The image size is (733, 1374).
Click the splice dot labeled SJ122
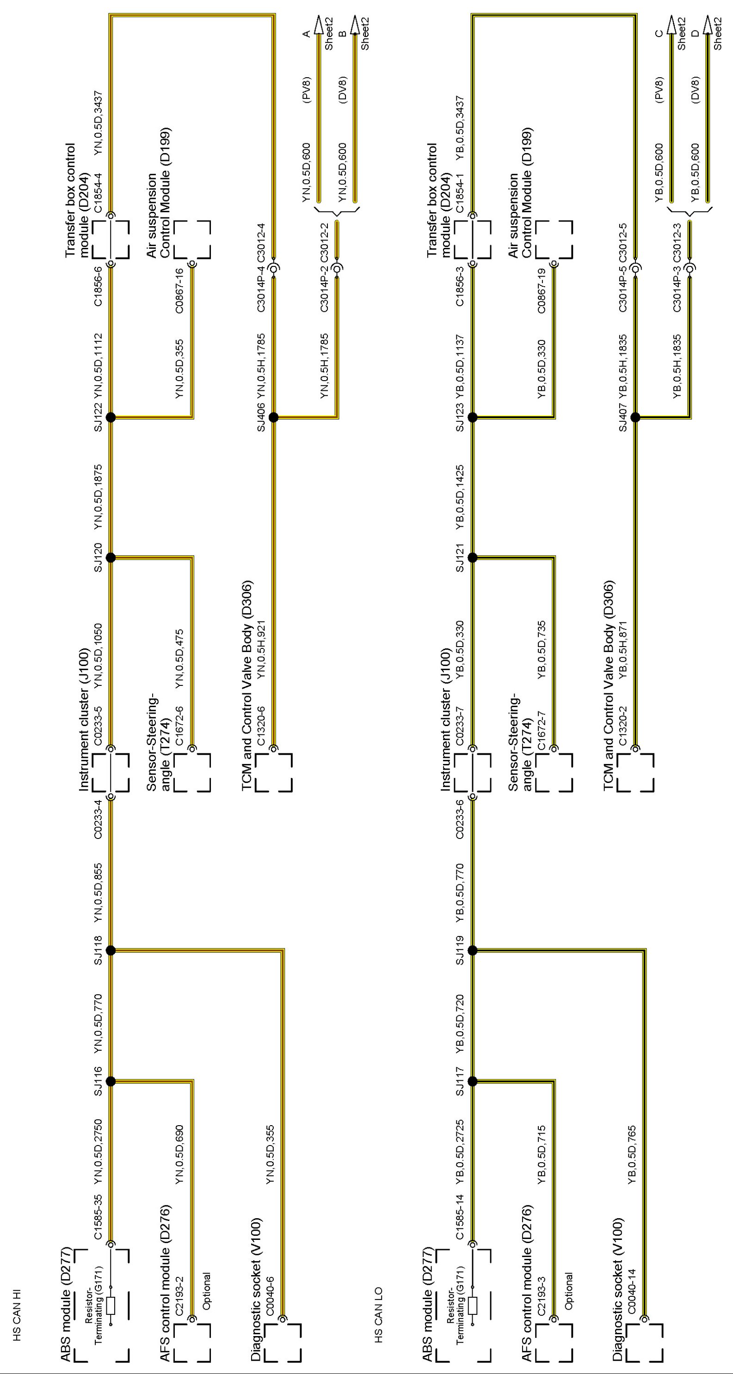111,417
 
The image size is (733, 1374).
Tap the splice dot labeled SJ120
111,557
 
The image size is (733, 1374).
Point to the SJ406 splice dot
274,417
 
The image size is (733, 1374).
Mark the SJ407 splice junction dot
635,417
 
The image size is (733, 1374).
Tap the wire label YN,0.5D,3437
98,123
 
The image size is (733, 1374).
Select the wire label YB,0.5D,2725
460,1152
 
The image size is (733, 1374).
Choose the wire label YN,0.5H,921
261,650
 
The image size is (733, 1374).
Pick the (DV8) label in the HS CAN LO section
695,89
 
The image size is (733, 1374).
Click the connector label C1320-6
261,726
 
